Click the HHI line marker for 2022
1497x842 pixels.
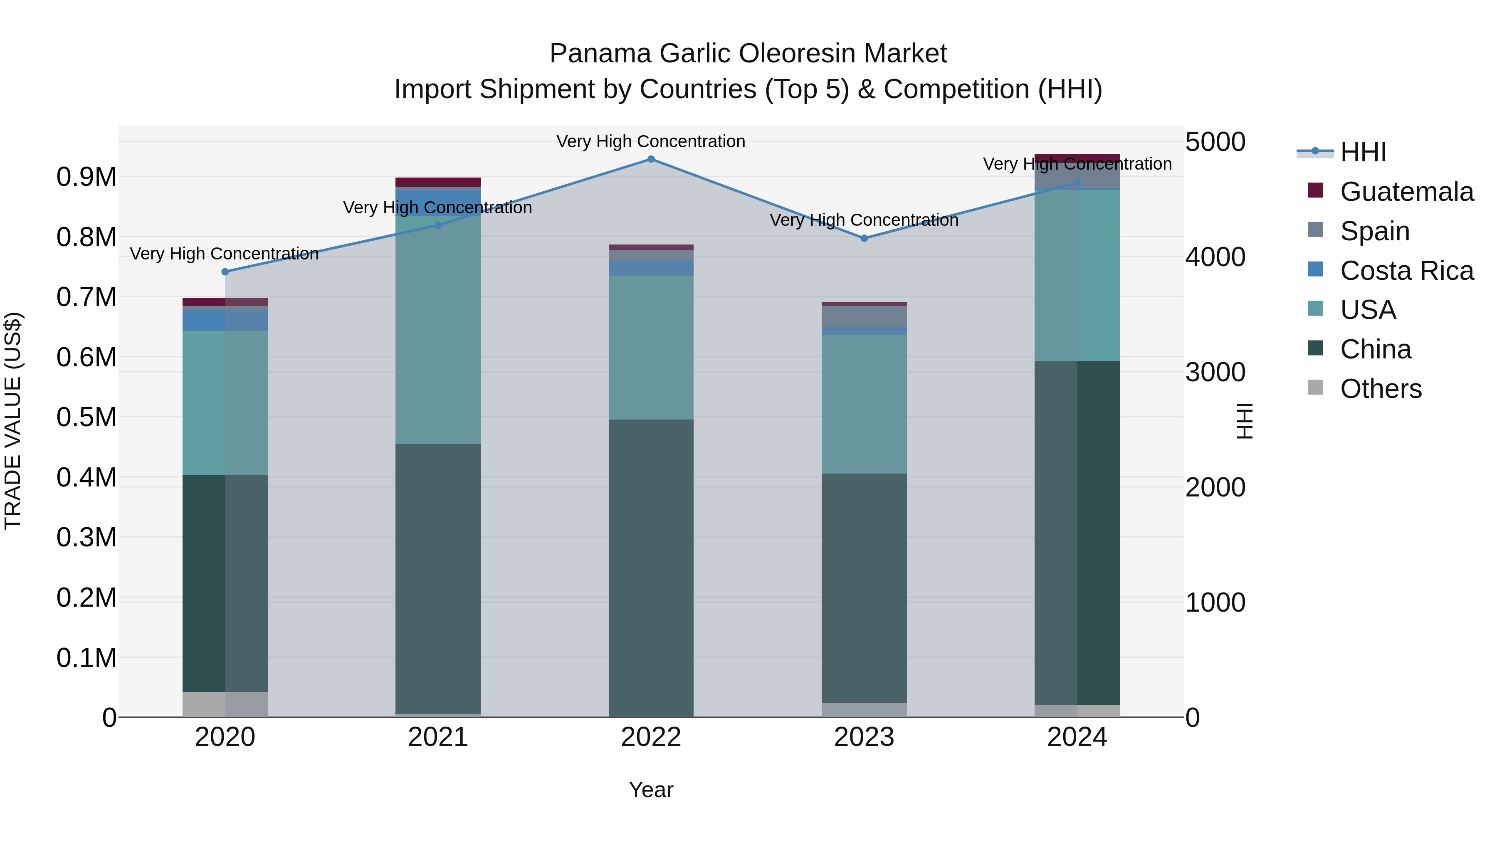651,159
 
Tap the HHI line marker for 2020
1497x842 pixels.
225,272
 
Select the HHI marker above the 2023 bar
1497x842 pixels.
864,238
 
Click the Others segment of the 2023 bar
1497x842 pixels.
864,710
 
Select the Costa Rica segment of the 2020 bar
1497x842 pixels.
225,320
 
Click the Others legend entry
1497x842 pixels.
1380,389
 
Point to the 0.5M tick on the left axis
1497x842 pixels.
86,417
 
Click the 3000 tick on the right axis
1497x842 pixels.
1215,373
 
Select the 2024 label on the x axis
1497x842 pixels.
1077,737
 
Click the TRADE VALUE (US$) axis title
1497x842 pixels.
13,421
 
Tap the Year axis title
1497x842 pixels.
651,790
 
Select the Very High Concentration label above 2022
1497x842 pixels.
651,141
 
